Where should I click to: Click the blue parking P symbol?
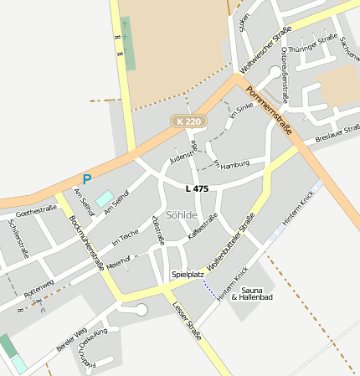tap(86, 178)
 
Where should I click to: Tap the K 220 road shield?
tap(189, 121)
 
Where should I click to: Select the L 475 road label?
tap(197, 189)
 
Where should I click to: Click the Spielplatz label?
tap(188, 274)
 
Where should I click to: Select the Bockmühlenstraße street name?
tap(86, 243)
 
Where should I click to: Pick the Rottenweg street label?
tap(39, 289)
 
